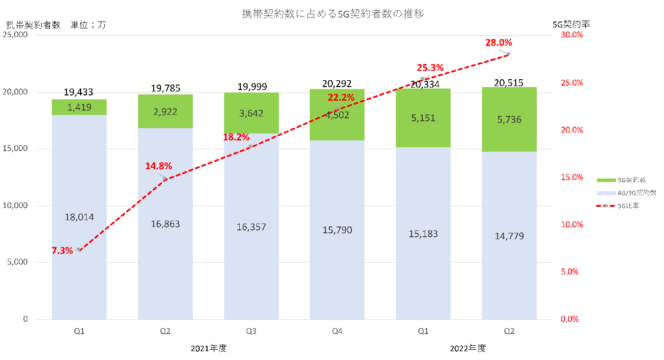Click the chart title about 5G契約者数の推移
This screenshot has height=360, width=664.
click(x=333, y=14)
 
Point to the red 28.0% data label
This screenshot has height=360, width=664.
click(x=498, y=43)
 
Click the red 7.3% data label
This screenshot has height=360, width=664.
click(x=62, y=251)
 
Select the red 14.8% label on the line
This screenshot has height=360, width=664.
click(x=158, y=166)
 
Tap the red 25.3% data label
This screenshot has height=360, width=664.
click(x=430, y=68)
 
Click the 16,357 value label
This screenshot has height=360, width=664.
click(x=252, y=227)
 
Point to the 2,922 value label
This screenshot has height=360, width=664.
click(x=165, y=112)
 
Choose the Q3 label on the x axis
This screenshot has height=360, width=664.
click(x=252, y=331)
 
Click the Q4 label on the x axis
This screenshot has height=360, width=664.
click(x=337, y=331)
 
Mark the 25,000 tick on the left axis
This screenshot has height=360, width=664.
click(x=15, y=35)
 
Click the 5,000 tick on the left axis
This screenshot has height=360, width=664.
click(x=18, y=263)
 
